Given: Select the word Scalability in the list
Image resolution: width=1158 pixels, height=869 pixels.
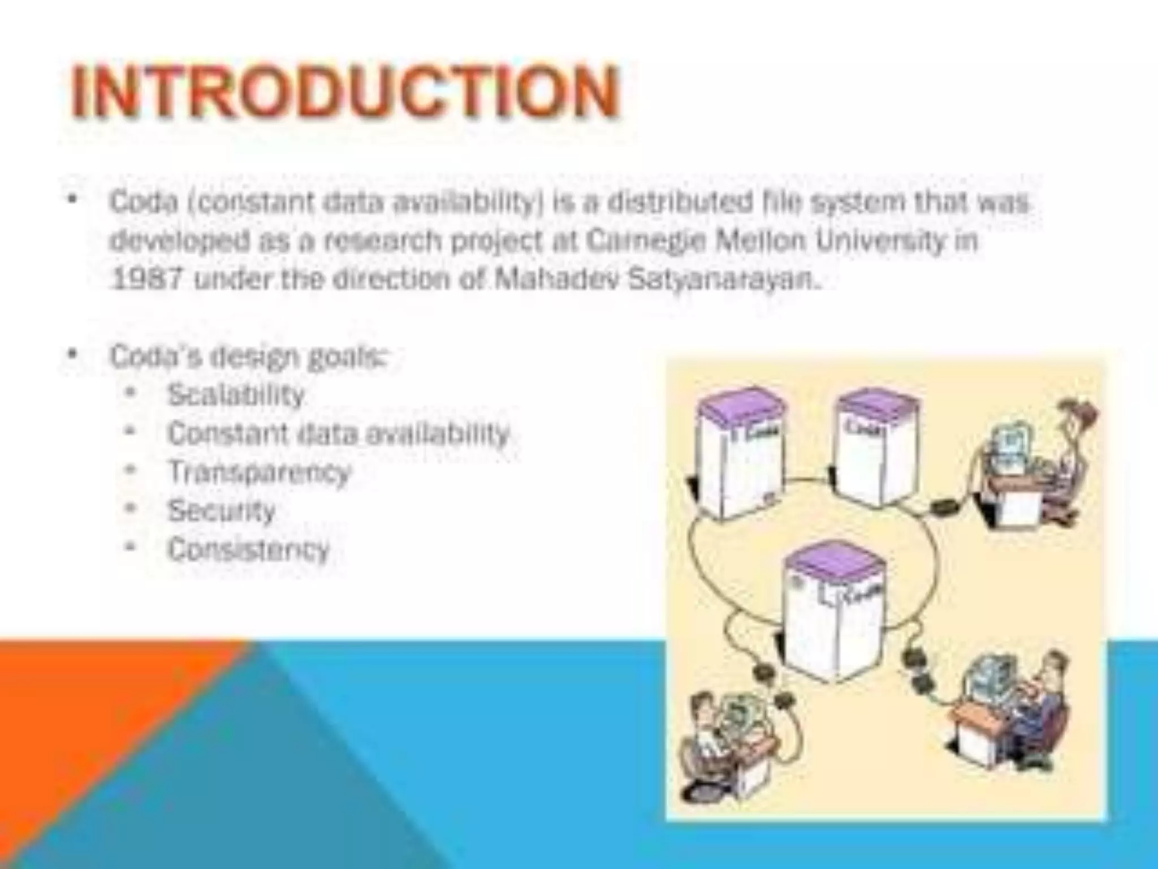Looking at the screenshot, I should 236,395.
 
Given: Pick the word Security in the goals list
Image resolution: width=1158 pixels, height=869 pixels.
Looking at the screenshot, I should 221,511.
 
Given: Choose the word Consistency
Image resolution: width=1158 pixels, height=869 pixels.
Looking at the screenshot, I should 248,549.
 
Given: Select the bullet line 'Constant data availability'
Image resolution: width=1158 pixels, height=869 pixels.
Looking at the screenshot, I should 338,434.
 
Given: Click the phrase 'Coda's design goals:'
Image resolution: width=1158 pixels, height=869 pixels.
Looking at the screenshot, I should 249,356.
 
